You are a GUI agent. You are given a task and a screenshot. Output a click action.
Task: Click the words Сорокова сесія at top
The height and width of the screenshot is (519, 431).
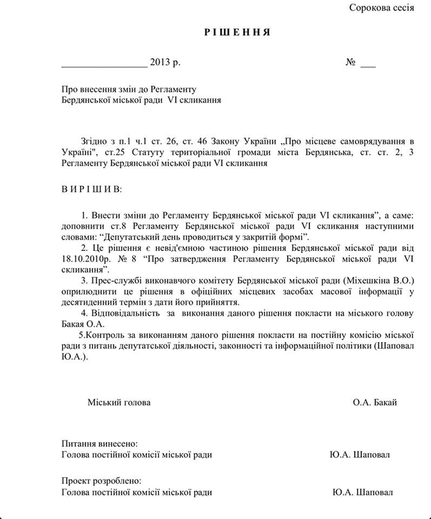pos(382,8)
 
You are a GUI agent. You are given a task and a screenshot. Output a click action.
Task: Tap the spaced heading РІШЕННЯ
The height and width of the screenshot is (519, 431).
pos(238,32)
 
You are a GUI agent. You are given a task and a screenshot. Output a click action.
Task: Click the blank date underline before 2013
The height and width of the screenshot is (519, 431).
pos(104,64)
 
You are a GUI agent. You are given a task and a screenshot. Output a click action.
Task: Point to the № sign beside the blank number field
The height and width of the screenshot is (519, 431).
pos(351,63)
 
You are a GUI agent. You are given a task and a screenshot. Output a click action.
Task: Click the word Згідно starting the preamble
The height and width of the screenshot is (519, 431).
pos(94,141)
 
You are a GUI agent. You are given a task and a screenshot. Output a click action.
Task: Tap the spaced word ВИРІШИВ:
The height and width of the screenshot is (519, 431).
pos(91,189)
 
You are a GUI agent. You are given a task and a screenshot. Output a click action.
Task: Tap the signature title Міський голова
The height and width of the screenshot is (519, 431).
pos(119,402)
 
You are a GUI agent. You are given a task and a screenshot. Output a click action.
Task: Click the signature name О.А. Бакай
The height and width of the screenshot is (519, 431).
pos(375,402)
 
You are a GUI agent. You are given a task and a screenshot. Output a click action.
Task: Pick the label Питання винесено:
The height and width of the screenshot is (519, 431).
pos(100,444)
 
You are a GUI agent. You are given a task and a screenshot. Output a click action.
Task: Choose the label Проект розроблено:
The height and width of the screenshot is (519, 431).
pos(101,481)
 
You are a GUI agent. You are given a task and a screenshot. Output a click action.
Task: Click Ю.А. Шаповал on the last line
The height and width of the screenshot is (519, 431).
pos(362,492)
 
